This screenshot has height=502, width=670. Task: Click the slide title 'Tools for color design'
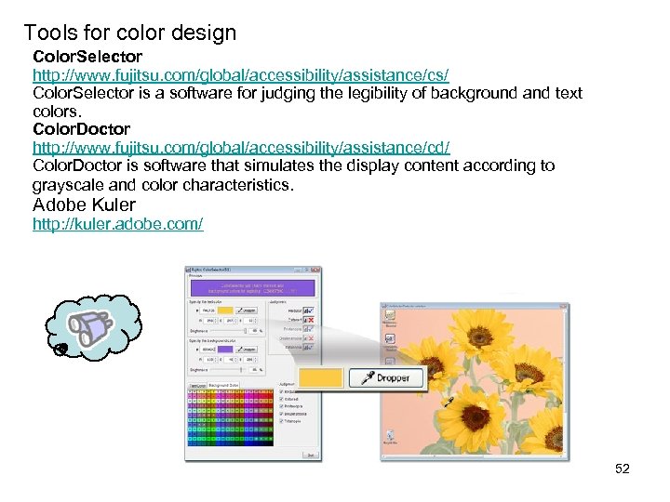tap(130, 33)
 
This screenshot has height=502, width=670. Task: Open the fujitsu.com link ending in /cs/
tap(241, 74)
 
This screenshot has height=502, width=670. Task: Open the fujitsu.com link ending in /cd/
tap(241, 148)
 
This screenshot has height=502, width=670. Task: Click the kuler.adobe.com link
tap(118, 225)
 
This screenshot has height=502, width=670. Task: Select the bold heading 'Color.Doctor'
tap(81, 129)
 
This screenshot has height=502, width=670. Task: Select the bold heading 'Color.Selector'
tap(87, 57)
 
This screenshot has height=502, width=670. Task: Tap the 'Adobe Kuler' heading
tap(84, 205)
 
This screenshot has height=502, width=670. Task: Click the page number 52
tap(623, 469)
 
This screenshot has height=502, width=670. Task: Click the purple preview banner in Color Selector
tap(252, 289)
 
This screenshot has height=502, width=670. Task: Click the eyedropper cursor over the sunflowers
tap(449, 402)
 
